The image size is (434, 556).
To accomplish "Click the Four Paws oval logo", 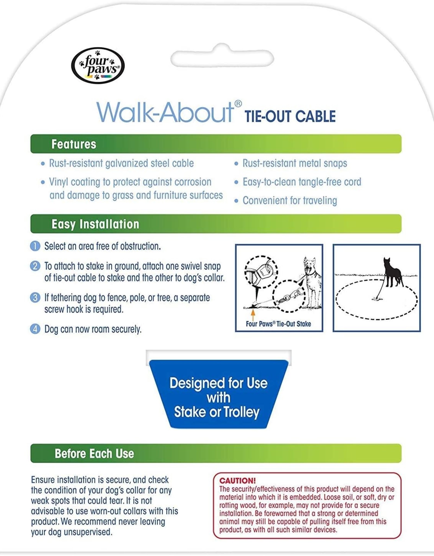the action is pyautogui.click(x=98, y=65).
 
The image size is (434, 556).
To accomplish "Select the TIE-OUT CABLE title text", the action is pyautogui.click(x=290, y=116).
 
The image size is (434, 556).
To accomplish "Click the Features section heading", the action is pyautogui.click(x=74, y=144).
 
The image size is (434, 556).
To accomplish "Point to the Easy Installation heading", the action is pyautogui.click(x=95, y=224).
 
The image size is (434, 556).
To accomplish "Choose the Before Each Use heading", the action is pyautogui.click(x=94, y=454).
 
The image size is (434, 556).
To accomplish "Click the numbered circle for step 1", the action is pyautogui.click(x=35, y=246).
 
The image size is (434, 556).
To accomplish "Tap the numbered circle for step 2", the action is pyautogui.click(x=35, y=266).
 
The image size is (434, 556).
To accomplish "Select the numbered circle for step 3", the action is pyautogui.click(x=35, y=298).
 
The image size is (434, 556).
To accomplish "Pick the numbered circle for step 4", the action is pyautogui.click(x=35, y=329).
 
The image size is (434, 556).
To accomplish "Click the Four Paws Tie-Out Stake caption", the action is pyautogui.click(x=278, y=324).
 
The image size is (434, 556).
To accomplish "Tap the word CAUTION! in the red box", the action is pyautogui.click(x=237, y=481).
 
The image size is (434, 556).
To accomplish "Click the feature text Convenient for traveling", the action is pyautogui.click(x=290, y=201).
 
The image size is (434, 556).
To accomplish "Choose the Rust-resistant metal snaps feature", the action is pyautogui.click(x=295, y=163).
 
